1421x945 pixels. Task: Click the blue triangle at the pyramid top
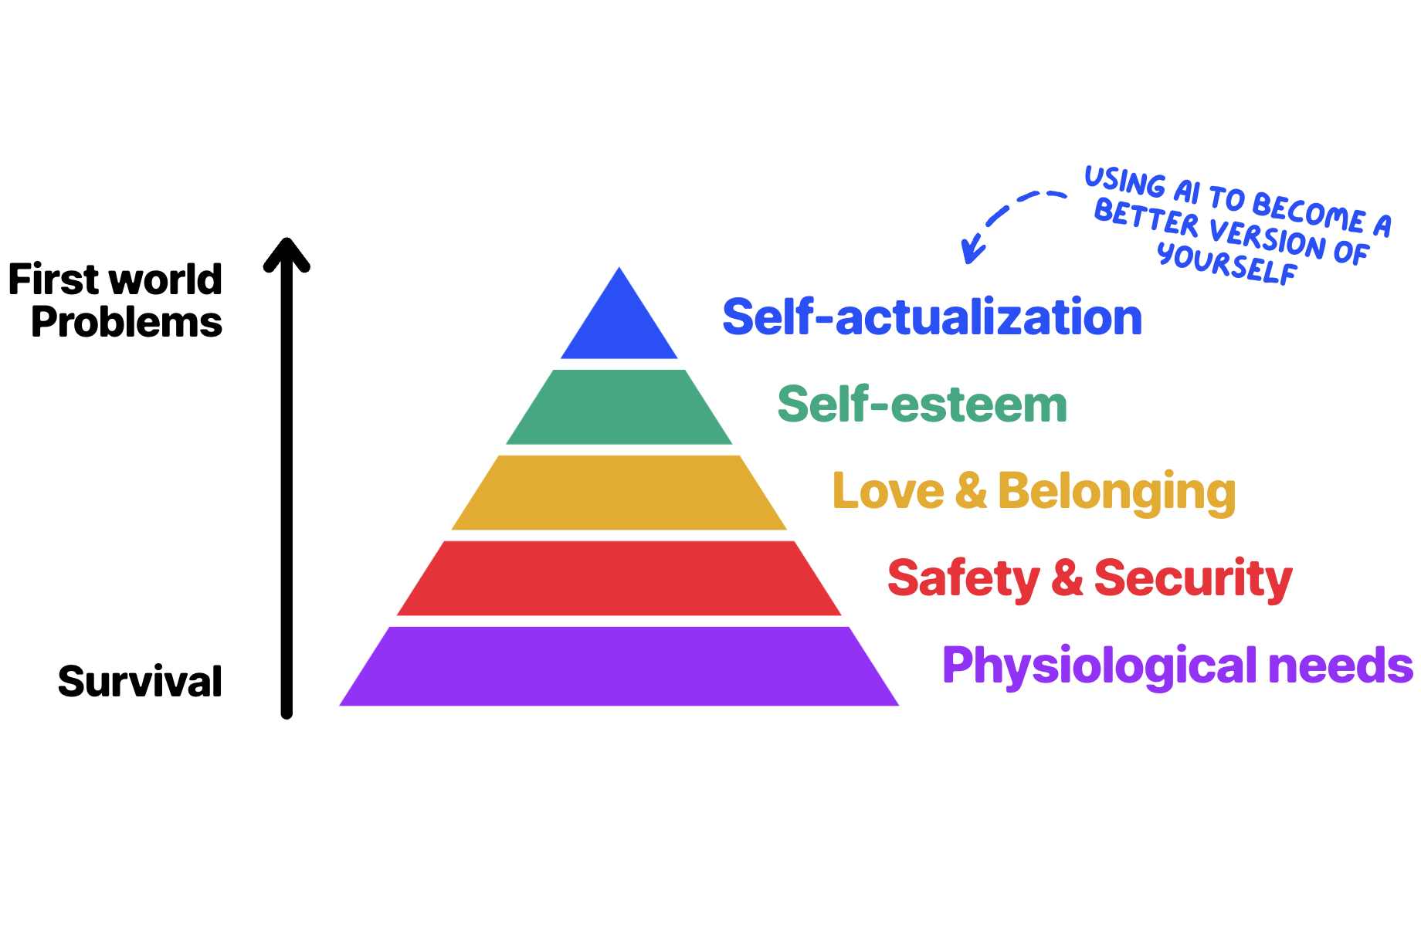[x=619, y=324]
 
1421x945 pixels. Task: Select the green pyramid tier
[x=619, y=407]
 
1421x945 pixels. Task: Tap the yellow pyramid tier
[x=619, y=493]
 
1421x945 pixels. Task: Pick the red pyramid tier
[x=619, y=578]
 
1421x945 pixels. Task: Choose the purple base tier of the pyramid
[x=619, y=666]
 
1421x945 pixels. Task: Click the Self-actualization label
[x=932, y=317]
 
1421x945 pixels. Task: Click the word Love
[x=888, y=491]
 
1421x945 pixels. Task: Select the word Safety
[x=964, y=579]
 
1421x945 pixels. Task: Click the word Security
[x=1193, y=579]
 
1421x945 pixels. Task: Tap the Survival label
[x=140, y=682]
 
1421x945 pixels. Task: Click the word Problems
[x=127, y=322]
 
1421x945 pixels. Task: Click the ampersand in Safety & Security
[x=1067, y=578]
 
